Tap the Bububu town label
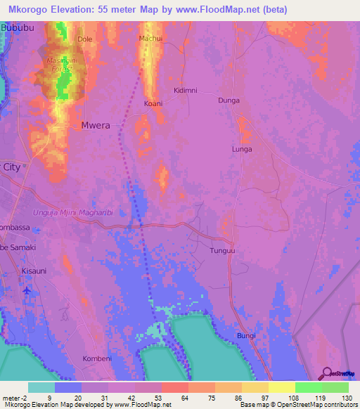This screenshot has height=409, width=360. tap(17, 26)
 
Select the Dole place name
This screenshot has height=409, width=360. tap(85, 39)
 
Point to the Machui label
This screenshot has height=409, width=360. tap(151, 38)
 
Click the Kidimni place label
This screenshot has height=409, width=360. tap(186, 91)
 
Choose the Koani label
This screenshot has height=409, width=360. tap(153, 103)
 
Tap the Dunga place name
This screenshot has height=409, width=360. tap(229, 100)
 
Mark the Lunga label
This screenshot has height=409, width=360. tap(242, 150)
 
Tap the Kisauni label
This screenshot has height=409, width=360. tap(33, 269)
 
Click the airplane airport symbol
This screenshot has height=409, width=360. tap(27, 290)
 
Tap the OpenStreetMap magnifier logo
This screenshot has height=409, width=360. tap(326, 373)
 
